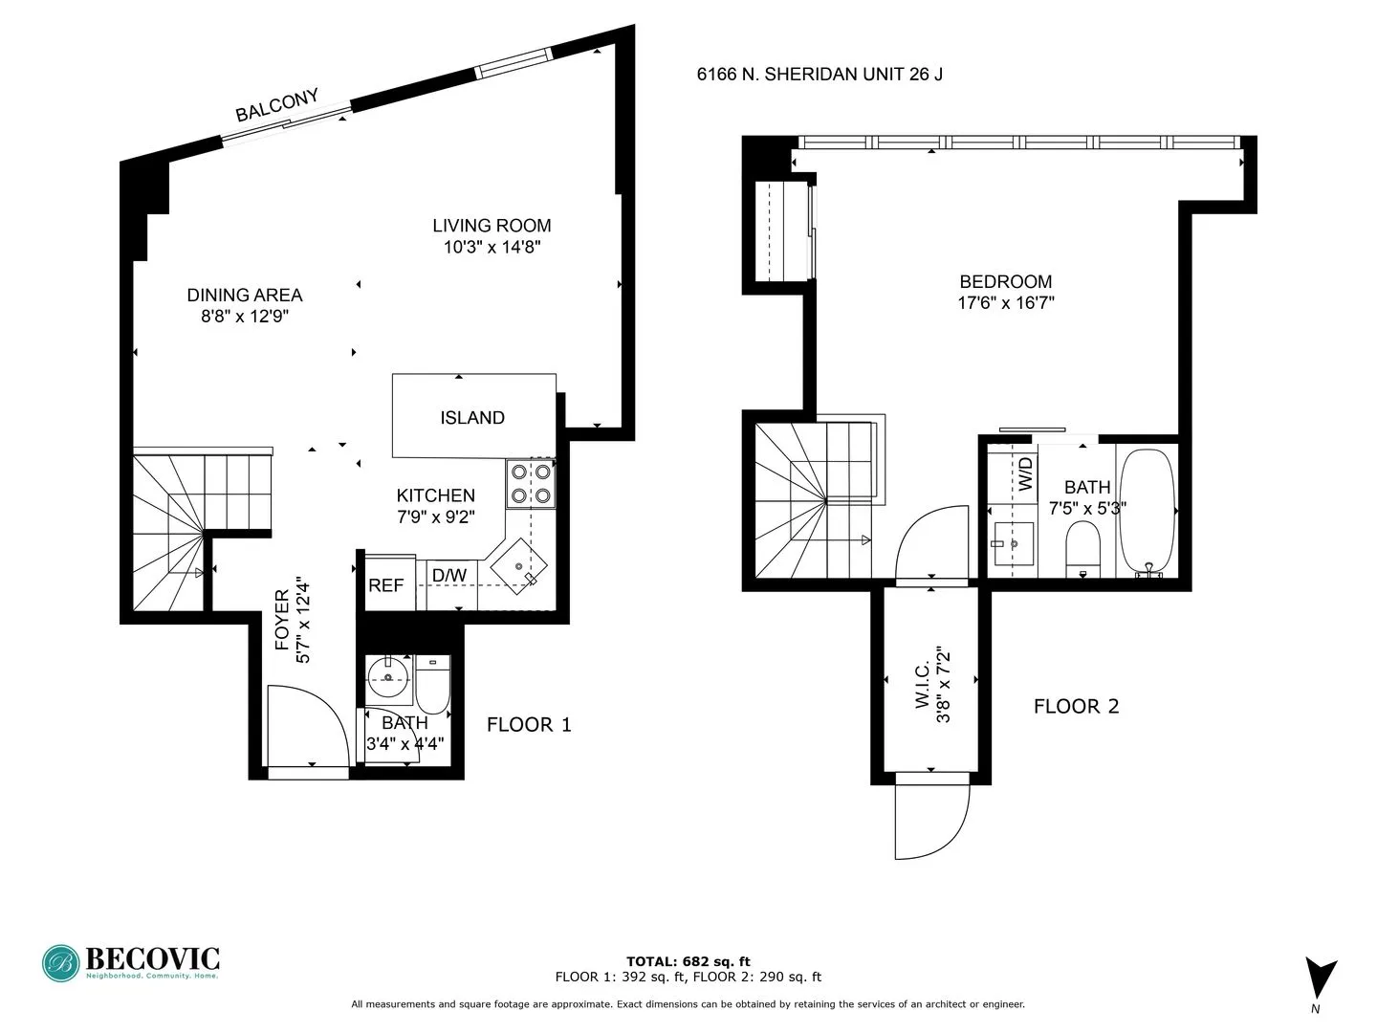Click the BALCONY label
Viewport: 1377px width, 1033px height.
point(276,105)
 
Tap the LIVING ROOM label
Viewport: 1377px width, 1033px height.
point(492,226)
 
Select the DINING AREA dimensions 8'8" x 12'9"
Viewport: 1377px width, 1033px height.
point(245,317)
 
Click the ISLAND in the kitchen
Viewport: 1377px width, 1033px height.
point(472,417)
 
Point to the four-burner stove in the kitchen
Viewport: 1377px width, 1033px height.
point(531,483)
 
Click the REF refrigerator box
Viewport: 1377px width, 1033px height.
point(386,584)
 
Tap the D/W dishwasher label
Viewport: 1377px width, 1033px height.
point(449,575)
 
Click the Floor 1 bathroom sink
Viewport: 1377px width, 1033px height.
point(389,680)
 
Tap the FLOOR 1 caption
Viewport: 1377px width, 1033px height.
point(529,725)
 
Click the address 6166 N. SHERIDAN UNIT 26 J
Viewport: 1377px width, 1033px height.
point(820,74)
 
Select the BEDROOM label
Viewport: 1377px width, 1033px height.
point(1005,281)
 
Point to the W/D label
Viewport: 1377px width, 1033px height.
point(1025,474)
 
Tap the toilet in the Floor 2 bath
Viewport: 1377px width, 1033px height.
point(1082,549)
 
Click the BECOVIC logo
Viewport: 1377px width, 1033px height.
point(131,962)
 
